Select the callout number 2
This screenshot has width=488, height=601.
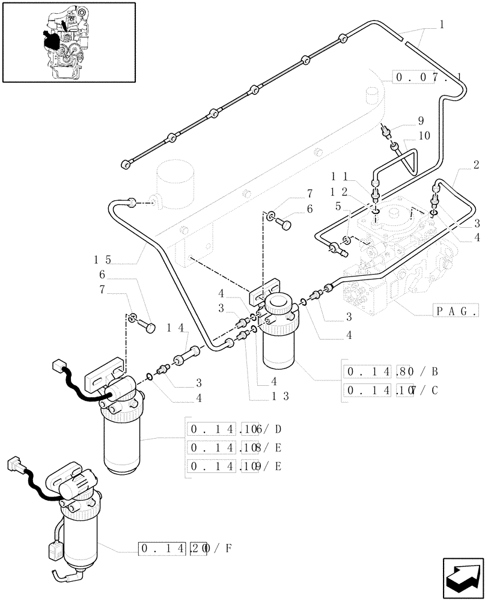[x=475, y=164]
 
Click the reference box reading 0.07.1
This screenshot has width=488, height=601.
[x=427, y=78]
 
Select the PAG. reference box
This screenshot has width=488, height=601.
[x=455, y=311]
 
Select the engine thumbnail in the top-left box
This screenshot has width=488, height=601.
[x=68, y=42]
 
